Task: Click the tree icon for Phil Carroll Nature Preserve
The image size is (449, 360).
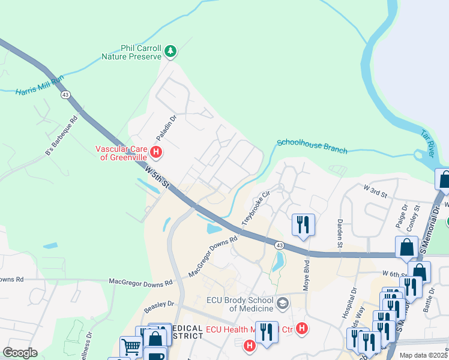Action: click(x=171, y=52)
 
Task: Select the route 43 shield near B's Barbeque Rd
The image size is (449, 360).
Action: click(x=65, y=95)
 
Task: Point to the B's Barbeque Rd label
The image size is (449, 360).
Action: click(x=62, y=137)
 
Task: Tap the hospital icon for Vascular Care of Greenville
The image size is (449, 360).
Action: click(x=157, y=152)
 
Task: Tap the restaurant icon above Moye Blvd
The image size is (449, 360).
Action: click(x=303, y=225)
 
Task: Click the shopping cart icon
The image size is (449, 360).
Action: click(x=131, y=346)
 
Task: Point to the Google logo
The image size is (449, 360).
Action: click(x=20, y=352)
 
